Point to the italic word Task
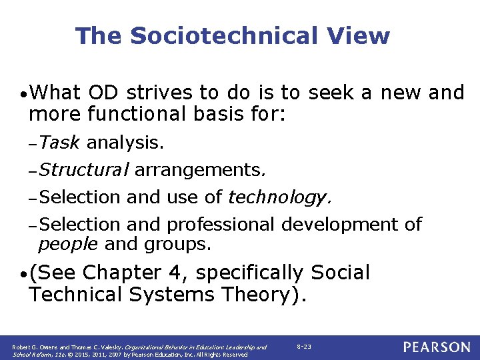(x=59, y=142)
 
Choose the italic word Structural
(x=83, y=170)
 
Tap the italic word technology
(x=279, y=197)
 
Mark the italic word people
(x=69, y=244)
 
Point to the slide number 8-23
(x=303, y=347)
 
